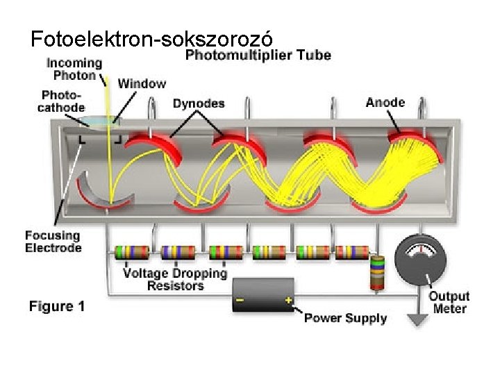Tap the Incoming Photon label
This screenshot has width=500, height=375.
pyautogui.click(x=74, y=69)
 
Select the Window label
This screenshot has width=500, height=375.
pyautogui.click(x=142, y=83)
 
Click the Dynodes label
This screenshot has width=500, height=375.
pyautogui.click(x=199, y=103)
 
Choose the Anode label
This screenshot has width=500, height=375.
pyautogui.click(x=385, y=102)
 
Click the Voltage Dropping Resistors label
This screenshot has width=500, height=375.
pyautogui.click(x=175, y=279)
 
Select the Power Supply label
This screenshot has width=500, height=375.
pyautogui.click(x=345, y=319)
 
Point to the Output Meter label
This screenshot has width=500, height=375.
pyautogui.click(x=449, y=302)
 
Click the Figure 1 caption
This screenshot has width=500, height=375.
pyautogui.click(x=57, y=306)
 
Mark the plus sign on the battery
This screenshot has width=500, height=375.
pyautogui.click(x=288, y=301)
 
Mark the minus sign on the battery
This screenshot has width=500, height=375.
pyautogui.click(x=240, y=301)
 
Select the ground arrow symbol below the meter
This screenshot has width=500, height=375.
pyautogui.click(x=417, y=319)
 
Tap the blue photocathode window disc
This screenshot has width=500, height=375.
pyautogui.click(x=99, y=123)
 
